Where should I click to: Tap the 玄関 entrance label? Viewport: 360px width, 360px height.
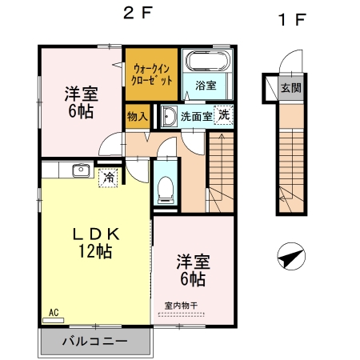click(x=291, y=88)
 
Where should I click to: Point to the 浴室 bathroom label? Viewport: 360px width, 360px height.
click(x=206, y=86)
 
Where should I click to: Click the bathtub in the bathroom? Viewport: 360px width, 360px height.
click(x=207, y=62)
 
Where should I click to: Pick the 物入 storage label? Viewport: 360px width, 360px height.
click(x=137, y=116)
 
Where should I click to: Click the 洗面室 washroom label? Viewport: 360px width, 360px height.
click(x=196, y=117)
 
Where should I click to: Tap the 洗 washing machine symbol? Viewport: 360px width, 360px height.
click(x=225, y=115)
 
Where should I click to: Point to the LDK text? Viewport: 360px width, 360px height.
click(x=96, y=234)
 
